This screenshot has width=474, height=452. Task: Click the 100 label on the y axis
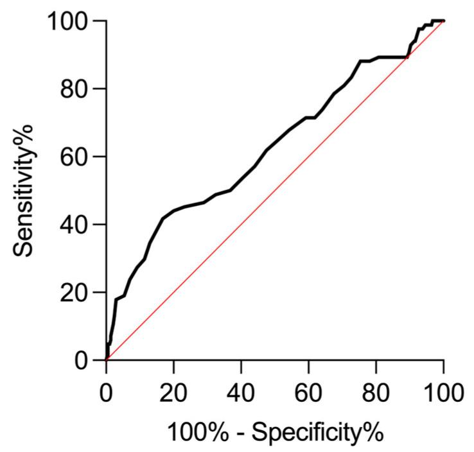tap(67, 21)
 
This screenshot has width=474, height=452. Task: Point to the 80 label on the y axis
tap(75, 89)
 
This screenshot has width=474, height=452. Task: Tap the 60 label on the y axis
tap(75, 157)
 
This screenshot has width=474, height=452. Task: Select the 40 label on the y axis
tap(75, 225)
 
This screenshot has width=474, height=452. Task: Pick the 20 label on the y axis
tap(75, 292)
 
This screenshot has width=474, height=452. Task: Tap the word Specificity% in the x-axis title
tap(318, 431)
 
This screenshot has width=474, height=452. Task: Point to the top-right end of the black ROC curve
tap(443, 21)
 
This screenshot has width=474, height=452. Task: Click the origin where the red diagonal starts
tap(107, 360)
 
